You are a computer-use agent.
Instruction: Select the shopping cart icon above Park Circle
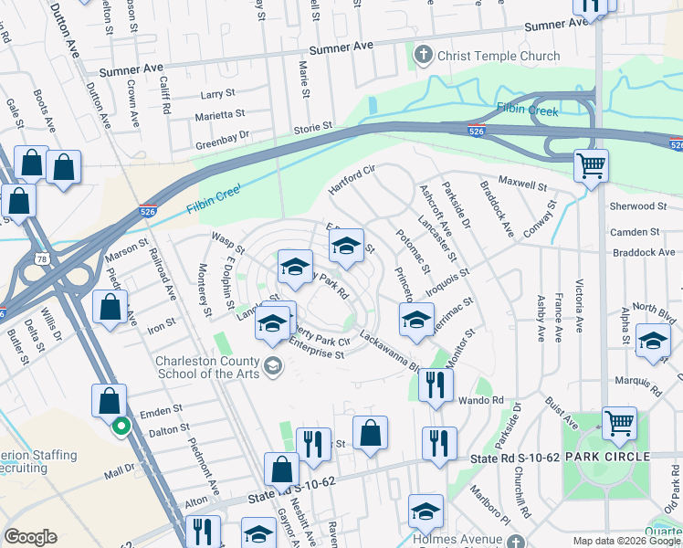click(x=619, y=424)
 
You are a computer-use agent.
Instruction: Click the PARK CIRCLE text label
click(x=606, y=456)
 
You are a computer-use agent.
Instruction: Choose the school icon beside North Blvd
click(x=652, y=342)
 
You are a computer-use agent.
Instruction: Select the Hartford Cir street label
click(x=352, y=181)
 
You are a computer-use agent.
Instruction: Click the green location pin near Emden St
click(x=120, y=426)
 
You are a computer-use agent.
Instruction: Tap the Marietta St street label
click(x=221, y=114)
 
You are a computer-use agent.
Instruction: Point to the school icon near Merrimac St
click(x=415, y=321)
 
